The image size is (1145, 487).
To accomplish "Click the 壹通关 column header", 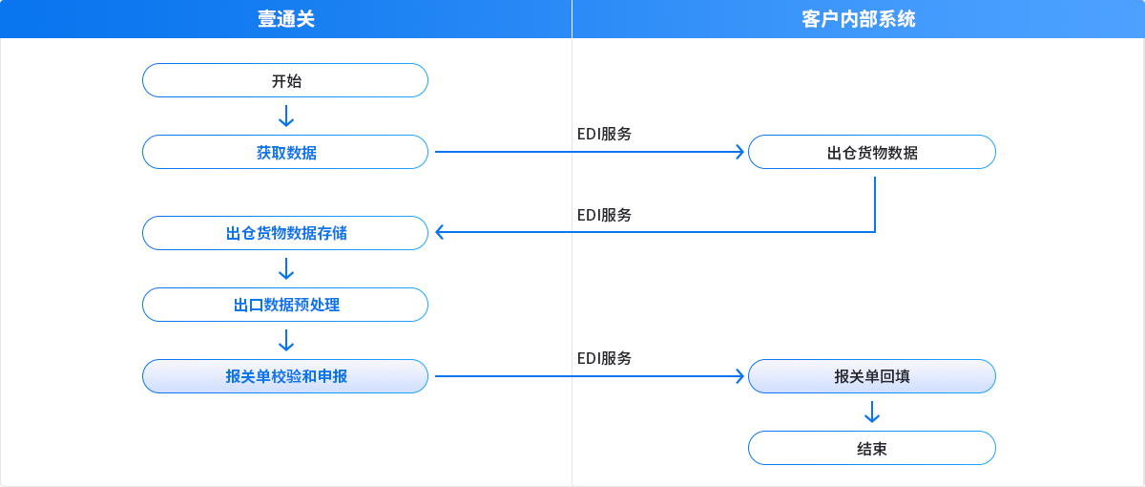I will pyautogui.click(x=285, y=18).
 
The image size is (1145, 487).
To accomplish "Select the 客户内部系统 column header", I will pyautogui.click(x=858, y=18).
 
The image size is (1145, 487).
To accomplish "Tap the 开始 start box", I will pyautogui.click(x=285, y=80).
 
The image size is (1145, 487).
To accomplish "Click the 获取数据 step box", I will pyautogui.click(x=285, y=152).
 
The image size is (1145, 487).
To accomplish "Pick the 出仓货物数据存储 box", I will pyautogui.click(x=285, y=233).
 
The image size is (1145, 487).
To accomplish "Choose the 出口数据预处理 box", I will pyautogui.click(x=285, y=305).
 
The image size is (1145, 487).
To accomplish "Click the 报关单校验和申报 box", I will pyautogui.click(x=285, y=376).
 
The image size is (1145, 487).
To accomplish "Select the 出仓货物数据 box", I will pyautogui.click(x=871, y=152).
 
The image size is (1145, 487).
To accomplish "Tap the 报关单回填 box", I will pyautogui.click(x=871, y=376).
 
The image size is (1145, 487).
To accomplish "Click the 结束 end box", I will pyautogui.click(x=871, y=448).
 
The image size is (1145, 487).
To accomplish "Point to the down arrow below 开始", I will pyautogui.click(x=285, y=116).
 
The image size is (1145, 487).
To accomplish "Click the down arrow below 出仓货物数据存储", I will pyautogui.click(x=285, y=269).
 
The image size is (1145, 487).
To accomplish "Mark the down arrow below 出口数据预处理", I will pyautogui.click(x=285, y=341).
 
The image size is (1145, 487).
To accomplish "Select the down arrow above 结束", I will pyautogui.click(x=871, y=413).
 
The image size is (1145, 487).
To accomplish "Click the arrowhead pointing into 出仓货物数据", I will pyautogui.click(x=738, y=152).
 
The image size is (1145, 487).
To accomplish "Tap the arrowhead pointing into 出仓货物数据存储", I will pyautogui.click(x=441, y=231).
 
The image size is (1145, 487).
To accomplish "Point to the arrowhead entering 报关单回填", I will pyautogui.click(x=738, y=376).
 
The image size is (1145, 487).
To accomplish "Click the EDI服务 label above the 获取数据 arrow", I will pyautogui.click(x=604, y=134).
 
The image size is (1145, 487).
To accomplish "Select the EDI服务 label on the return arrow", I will pyautogui.click(x=604, y=215).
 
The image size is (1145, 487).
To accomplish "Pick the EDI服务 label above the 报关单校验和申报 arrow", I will pyautogui.click(x=604, y=358).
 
